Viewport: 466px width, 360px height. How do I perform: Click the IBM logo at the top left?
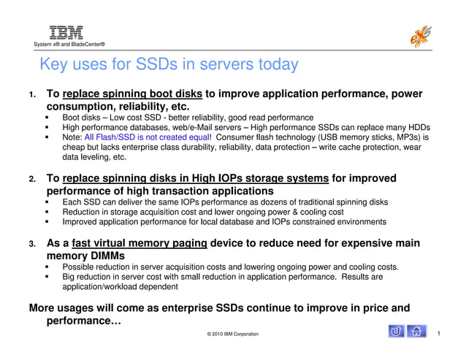(66, 31)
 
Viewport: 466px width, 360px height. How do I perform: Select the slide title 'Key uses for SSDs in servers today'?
(169, 64)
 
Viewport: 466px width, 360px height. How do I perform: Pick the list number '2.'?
(32, 179)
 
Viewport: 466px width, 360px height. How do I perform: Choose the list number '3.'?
(32, 244)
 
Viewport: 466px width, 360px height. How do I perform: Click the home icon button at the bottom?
(416, 332)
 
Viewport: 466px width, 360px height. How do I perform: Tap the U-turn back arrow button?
(396, 332)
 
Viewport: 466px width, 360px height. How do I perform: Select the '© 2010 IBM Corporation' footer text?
(232, 334)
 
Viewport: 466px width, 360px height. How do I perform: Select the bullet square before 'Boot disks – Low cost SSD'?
(47, 117)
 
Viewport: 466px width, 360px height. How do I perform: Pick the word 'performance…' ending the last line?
(84, 321)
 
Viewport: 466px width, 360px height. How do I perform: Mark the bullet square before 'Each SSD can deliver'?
(47, 202)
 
